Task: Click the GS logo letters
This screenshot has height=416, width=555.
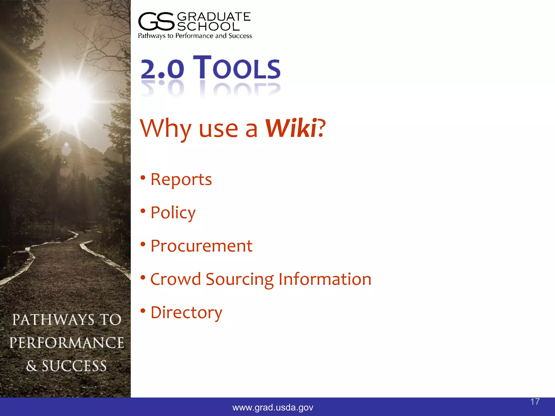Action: (x=156, y=21)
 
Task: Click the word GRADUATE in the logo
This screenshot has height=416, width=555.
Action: (x=214, y=17)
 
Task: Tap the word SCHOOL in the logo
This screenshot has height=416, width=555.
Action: (x=208, y=27)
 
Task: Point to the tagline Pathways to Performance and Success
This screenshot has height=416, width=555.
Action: (x=195, y=36)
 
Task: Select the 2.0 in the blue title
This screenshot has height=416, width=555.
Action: (x=162, y=69)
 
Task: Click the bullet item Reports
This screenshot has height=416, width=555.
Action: (x=181, y=179)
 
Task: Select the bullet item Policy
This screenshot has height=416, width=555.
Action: (x=173, y=213)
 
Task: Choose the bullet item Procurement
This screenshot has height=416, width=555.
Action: (x=201, y=246)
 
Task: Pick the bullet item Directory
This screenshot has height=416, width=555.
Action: (x=186, y=313)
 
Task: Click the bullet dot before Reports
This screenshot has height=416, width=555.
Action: (x=143, y=178)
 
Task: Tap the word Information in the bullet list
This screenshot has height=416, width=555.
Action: (x=325, y=279)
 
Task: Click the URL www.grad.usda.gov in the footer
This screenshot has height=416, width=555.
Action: (x=273, y=407)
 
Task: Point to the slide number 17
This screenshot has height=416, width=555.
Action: (x=535, y=402)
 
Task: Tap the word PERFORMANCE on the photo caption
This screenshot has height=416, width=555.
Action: (x=67, y=343)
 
